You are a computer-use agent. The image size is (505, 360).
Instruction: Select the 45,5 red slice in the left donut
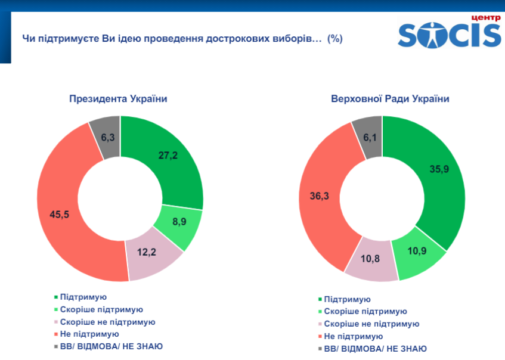(x=60, y=215)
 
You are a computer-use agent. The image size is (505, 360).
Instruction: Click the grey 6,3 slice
(x=107, y=138)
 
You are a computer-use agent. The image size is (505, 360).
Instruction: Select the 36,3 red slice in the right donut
(x=319, y=195)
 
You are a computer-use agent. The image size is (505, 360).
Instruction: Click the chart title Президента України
(x=117, y=98)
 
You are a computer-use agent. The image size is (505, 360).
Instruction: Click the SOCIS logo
(x=450, y=35)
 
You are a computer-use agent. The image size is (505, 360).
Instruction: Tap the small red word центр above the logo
(x=485, y=17)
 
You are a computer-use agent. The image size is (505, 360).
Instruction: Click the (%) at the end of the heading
(x=334, y=38)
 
